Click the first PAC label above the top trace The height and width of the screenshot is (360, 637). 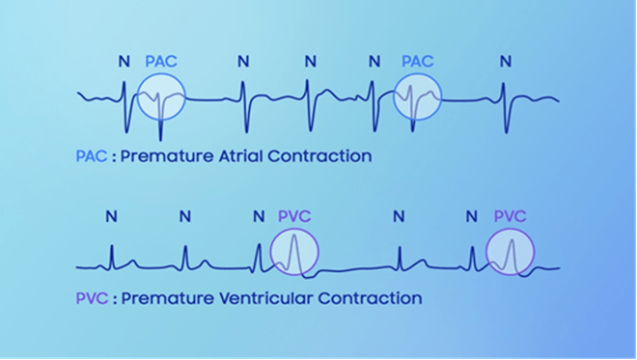[161, 62]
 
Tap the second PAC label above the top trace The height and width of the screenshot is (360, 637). [418, 62]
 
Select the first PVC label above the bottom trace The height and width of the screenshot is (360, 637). [294, 216]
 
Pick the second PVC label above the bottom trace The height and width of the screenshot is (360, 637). [511, 216]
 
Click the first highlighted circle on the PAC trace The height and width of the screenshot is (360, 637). [138, 97]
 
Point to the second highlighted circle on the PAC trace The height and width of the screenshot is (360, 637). [394, 97]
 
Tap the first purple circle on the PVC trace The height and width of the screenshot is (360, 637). [271, 252]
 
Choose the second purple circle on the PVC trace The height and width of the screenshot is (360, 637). [486, 252]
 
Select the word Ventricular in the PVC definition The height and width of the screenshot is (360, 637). [266, 298]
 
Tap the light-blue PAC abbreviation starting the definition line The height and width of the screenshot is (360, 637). [92, 156]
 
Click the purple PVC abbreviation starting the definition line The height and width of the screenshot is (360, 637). [92, 298]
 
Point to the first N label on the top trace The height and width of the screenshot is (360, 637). [125, 62]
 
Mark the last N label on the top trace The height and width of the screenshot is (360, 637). [506, 62]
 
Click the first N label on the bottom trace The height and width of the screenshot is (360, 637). [112, 216]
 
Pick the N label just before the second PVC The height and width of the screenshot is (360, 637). [472, 216]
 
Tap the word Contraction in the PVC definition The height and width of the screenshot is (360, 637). [370, 298]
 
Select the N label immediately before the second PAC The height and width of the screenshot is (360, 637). [374, 62]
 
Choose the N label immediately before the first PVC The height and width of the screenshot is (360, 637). [259, 216]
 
